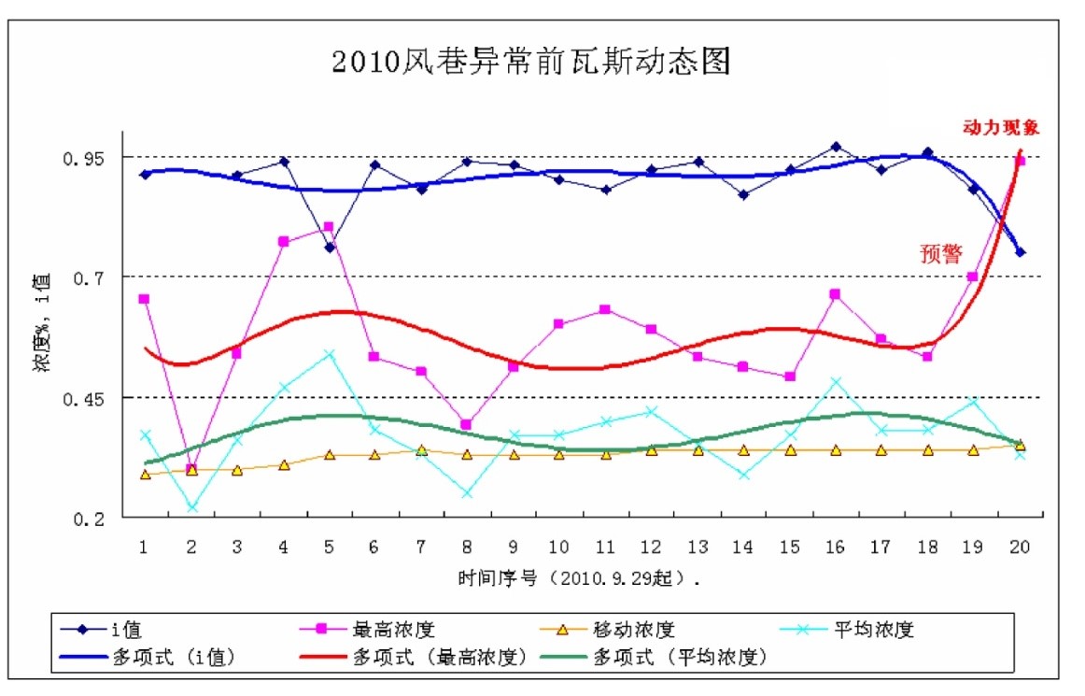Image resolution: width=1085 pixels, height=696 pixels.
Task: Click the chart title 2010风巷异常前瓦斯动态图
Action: pos(530,62)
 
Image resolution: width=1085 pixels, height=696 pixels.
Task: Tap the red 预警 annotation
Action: pos(940,253)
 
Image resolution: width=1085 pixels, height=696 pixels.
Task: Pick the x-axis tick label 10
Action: pos(558,547)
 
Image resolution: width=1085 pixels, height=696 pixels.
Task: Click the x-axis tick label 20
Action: pos(1020,547)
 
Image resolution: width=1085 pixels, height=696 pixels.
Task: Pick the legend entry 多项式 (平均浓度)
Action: pos(680,657)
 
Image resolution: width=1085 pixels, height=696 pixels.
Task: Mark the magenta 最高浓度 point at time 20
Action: pos(1021,161)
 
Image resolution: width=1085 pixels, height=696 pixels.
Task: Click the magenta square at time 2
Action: pos(191,469)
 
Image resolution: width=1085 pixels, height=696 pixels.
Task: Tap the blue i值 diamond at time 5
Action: pos(330,248)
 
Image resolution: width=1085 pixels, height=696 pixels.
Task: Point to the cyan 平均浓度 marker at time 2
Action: pos(191,507)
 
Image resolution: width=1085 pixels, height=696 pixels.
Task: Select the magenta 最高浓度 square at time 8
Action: pos(467,425)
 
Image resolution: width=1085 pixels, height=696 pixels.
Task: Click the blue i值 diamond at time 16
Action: pos(836,147)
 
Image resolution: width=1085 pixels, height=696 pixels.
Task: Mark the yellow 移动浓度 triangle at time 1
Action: pos(145,475)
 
